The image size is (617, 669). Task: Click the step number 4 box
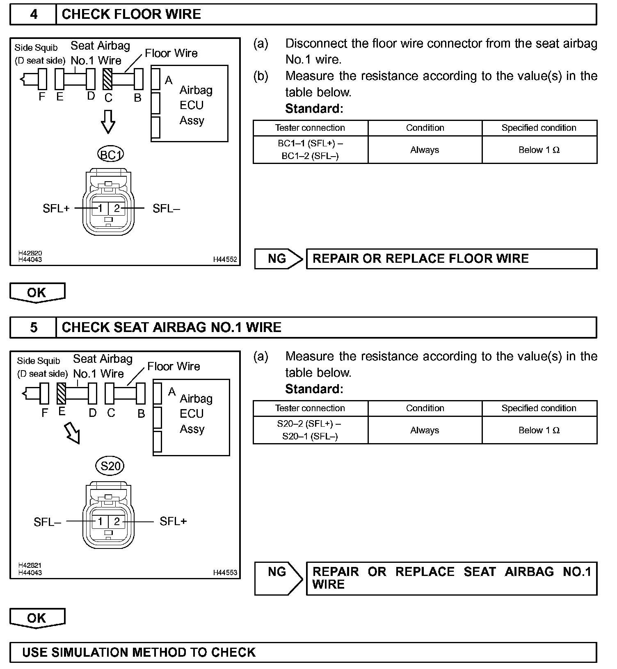pos(33,14)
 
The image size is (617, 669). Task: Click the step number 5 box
pos(33,327)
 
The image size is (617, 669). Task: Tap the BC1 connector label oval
pos(110,155)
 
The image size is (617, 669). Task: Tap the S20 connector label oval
pos(110,466)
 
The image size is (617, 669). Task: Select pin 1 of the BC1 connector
pos(100,208)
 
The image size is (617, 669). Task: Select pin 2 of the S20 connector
pos(117,521)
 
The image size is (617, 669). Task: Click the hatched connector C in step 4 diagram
pos(107,79)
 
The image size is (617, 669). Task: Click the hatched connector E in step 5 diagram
pos(62,393)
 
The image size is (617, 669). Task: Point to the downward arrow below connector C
pos(108,122)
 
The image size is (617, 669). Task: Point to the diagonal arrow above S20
pos(73,434)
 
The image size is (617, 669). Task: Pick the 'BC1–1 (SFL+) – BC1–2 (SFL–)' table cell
pos(311,150)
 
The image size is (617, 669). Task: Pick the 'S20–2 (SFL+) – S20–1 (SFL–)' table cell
pos(311,430)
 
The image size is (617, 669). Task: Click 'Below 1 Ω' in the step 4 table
pos(539,150)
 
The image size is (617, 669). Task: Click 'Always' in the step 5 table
pos(425,430)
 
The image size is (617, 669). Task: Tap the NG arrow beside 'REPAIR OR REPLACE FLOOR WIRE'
pos(279,259)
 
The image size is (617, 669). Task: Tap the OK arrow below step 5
pos(37,618)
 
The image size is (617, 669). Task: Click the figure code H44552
pos(225,259)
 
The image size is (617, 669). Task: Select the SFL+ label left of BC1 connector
pos(56,209)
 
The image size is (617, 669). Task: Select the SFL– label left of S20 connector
pos(48,522)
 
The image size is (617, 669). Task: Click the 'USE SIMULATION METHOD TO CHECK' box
pos(303,652)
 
